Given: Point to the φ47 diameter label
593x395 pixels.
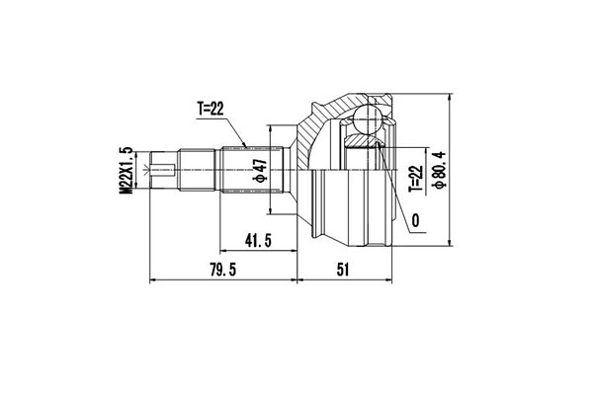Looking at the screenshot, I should (260, 174).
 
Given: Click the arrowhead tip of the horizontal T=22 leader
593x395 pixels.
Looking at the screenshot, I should (245, 147).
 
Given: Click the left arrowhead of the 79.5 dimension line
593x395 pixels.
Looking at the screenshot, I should (150, 280).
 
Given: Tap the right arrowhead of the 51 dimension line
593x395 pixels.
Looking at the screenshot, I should (392, 280).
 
